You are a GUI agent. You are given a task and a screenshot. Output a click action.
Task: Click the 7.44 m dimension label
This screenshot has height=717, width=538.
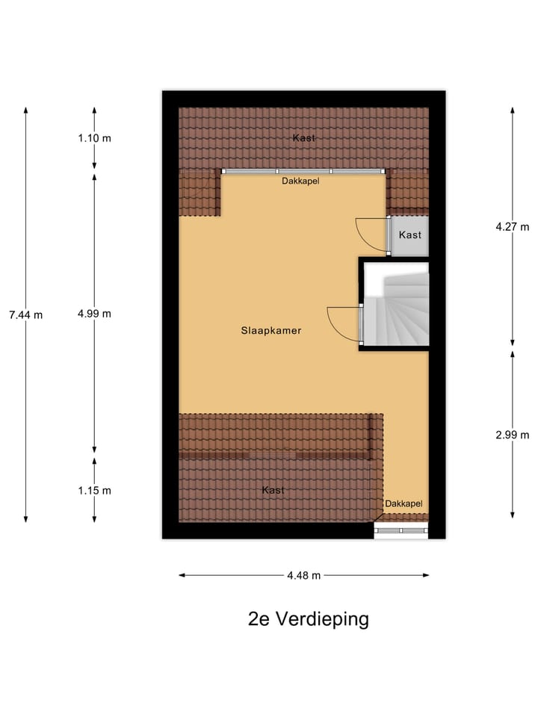25,314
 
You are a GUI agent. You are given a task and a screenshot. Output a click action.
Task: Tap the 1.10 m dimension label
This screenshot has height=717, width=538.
94,138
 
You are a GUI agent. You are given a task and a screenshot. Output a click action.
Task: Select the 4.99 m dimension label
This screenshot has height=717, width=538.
94,314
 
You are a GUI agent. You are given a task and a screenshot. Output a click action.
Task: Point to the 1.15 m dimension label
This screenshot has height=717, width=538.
94,491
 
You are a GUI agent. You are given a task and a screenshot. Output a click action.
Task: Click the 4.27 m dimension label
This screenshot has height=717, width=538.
512,227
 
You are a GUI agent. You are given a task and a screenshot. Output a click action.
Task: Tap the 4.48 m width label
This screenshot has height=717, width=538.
303,575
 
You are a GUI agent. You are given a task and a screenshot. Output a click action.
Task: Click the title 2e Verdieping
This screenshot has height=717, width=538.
308,619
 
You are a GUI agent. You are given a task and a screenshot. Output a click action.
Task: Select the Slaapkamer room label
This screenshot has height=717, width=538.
271,330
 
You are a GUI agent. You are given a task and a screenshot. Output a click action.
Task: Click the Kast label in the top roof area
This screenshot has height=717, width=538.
303,138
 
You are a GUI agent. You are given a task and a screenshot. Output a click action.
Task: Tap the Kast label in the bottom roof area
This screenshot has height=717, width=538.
273,490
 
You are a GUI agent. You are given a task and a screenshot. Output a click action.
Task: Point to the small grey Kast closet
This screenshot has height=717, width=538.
409,235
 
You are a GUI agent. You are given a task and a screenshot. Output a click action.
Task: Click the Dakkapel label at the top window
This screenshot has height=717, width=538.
301,181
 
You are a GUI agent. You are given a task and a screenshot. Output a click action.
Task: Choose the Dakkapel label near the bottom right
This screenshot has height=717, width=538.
403,504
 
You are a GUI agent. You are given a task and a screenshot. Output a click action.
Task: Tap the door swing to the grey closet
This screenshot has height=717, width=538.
372,234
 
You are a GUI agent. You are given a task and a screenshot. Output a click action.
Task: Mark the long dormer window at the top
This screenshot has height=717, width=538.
303,172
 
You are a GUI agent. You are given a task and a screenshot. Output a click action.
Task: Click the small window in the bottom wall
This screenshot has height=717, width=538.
401,530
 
